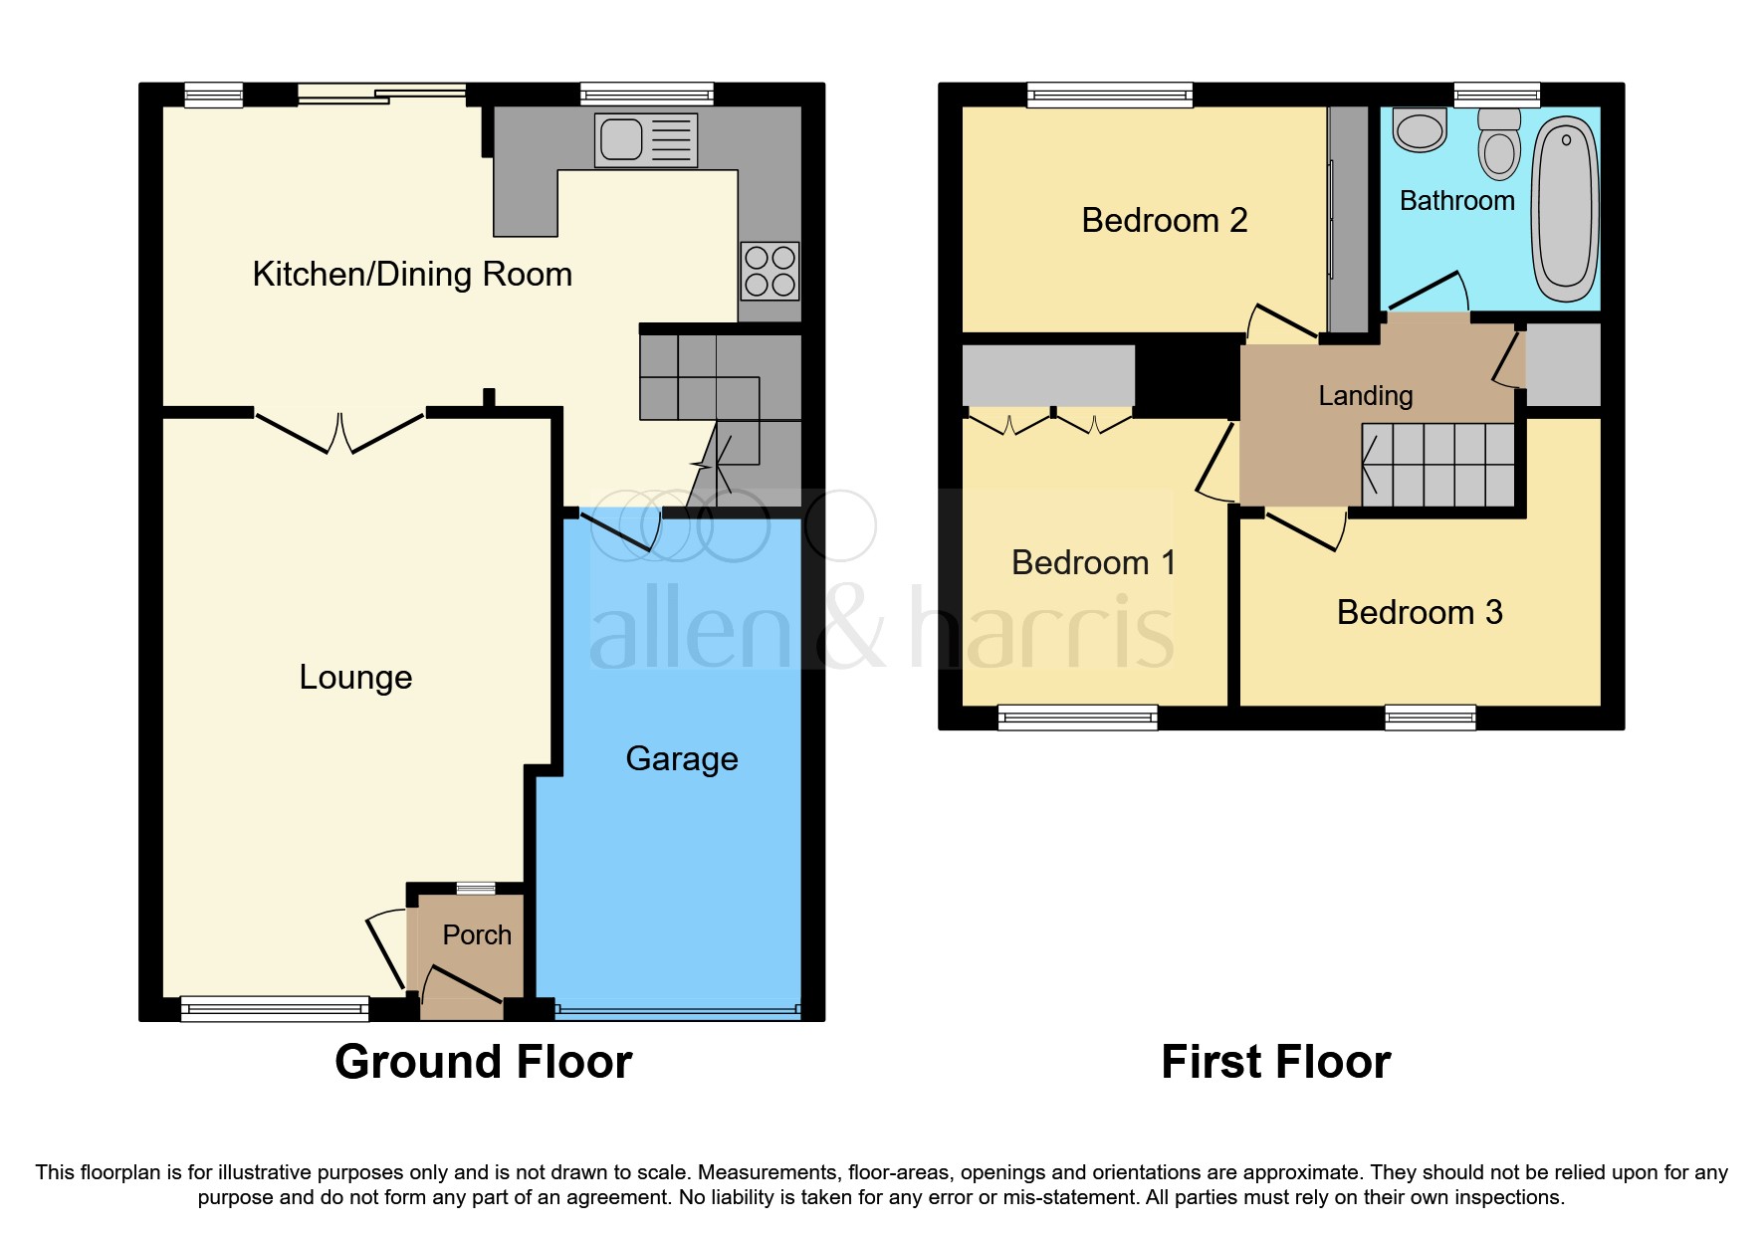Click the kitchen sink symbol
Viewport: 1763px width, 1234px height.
point(645,140)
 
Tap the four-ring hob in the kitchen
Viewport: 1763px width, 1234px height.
point(770,271)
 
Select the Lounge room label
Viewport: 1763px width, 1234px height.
point(355,678)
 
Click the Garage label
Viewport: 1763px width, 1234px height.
point(682,759)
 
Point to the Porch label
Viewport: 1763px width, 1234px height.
point(477,935)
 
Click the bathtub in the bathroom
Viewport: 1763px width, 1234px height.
point(1565,208)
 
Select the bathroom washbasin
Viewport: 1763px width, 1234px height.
point(1420,130)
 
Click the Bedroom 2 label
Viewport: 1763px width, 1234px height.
point(1164,220)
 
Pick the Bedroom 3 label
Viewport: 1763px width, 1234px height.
point(1419,613)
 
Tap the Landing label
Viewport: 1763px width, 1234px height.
point(1365,396)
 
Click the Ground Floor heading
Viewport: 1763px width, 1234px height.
point(483,1062)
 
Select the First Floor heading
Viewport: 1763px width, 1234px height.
point(1275,1062)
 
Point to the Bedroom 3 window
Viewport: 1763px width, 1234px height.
point(1430,717)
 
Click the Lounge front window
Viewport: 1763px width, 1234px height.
point(275,1009)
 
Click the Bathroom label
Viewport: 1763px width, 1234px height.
point(1456,201)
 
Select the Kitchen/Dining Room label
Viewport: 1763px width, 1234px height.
point(412,275)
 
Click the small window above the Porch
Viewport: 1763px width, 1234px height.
point(476,889)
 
